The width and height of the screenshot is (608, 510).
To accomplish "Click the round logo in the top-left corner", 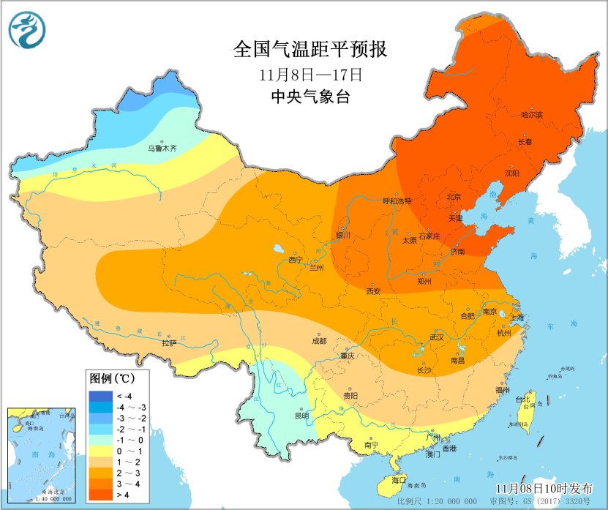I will (27, 30).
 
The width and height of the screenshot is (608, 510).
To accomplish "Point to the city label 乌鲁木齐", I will (162, 149).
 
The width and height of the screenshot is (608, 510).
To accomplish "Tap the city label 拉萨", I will (169, 342).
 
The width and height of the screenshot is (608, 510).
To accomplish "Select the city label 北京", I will (454, 197).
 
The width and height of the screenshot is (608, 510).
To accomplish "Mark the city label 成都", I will (319, 341).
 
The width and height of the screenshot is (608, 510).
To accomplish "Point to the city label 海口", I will (398, 480).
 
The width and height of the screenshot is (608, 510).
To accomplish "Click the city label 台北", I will (522, 400).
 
